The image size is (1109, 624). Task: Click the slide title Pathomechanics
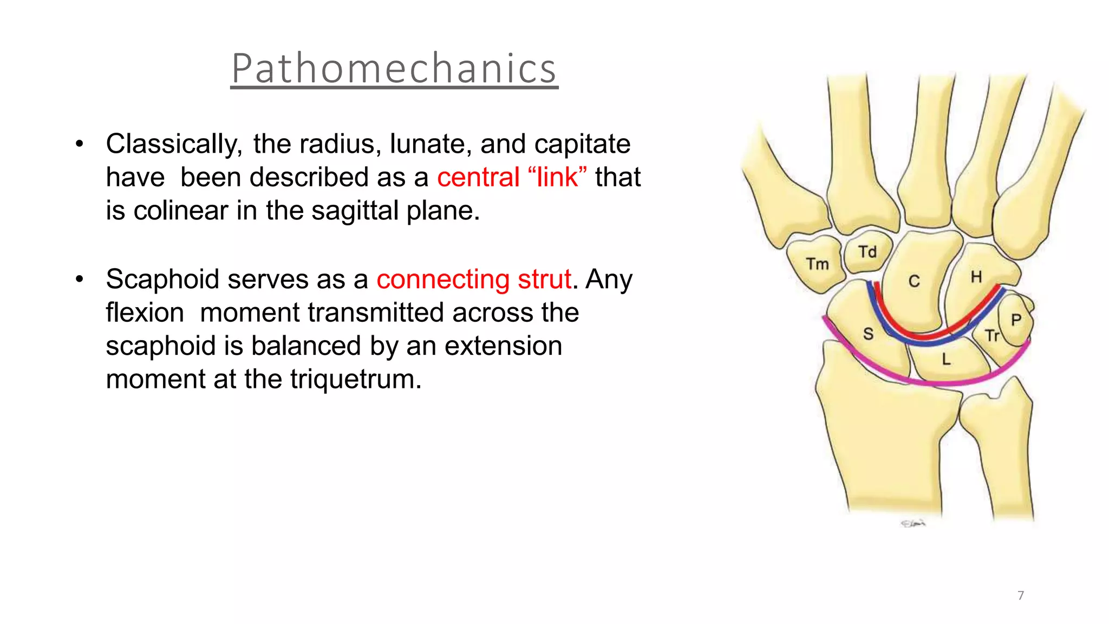tap(394, 68)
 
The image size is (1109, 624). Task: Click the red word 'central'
tap(478, 177)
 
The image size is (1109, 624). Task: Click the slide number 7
tap(1021, 595)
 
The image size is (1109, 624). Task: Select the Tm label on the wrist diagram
tap(817, 264)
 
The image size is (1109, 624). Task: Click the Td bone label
tap(867, 252)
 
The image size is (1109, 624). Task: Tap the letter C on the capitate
tap(914, 281)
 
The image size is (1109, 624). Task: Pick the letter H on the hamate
tap(976, 277)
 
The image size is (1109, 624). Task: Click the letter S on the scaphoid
tap(868, 334)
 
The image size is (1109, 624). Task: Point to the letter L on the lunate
tap(945, 359)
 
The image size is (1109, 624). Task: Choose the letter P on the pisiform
tap(1016, 320)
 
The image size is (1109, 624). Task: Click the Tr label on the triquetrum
tap(992, 336)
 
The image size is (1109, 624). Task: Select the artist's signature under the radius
tap(913, 523)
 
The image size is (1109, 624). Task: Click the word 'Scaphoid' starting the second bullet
tap(162, 279)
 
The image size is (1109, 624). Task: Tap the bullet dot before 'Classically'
tap(80, 145)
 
